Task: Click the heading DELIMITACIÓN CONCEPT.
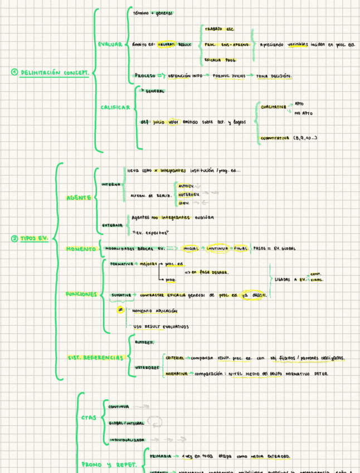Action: click(x=54, y=73)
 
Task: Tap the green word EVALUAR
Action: click(x=109, y=44)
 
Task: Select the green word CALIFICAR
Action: click(x=115, y=107)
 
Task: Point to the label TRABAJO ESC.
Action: click(x=219, y=28)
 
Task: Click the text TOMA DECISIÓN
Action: click(x=274, y=76)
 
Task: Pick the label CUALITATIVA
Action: click(x=273, y=107)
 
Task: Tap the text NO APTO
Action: click(x=303, y=114)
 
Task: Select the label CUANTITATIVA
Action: click(x=275, y=137)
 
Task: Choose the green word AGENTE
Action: click(x=79, y=197)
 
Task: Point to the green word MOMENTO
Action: click(x=81, y=248)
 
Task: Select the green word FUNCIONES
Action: click(x=81, y=293)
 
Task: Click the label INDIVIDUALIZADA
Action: click(x=127, y=440)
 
